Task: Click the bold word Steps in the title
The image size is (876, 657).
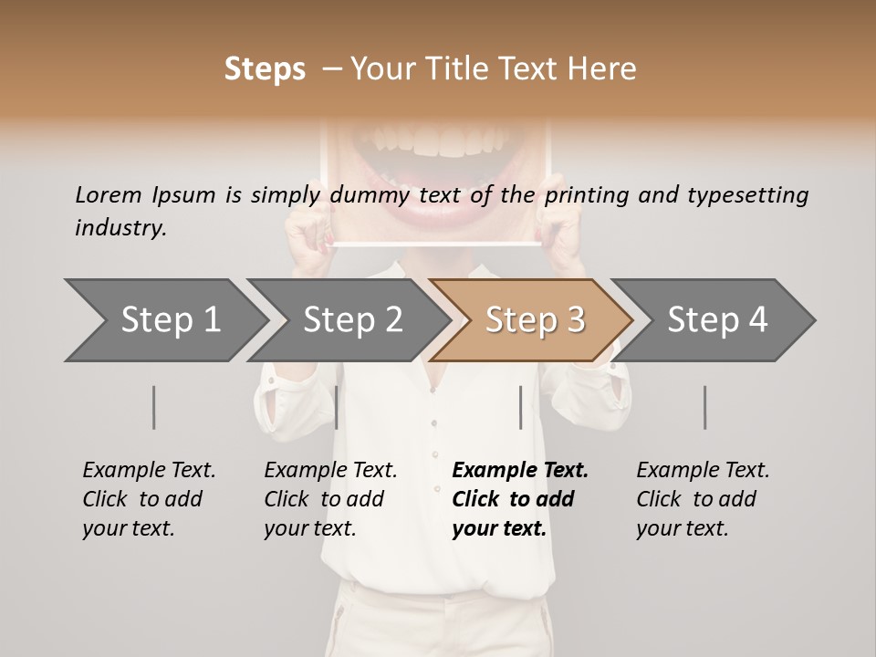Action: pyautogui.click(x=265, y=69)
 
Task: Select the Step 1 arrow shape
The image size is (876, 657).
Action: pyautogui.click(x=165, y=320)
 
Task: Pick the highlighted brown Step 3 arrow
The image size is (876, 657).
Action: pyautogui.click(x=533, y=320)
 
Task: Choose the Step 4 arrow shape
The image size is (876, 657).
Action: pyautogui.click(x=715, y=320)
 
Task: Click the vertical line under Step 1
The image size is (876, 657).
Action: pyautogui.click(x=153, y=407)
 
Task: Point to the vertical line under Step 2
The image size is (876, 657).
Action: pyautogui.click(x=337, y=407)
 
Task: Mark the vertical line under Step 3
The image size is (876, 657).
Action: pyautogui.click(x=520, y=407)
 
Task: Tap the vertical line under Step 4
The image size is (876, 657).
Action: pyautogui.click(x=704, y=407)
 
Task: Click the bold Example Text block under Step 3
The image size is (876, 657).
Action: pyautogui.click(x=520, y=499)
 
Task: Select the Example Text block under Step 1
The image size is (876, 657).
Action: pyautogui.click(x=149, y=499)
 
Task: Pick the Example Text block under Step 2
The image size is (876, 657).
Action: pyautogui.click(x=330, y=499)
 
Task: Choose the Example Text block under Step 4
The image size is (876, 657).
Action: pyautogui.click(x=703, y=499)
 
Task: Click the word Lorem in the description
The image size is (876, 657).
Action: pyautogui.click(x=109, y=194)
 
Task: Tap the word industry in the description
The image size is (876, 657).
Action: pyautogui.click(x=120, y=228)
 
